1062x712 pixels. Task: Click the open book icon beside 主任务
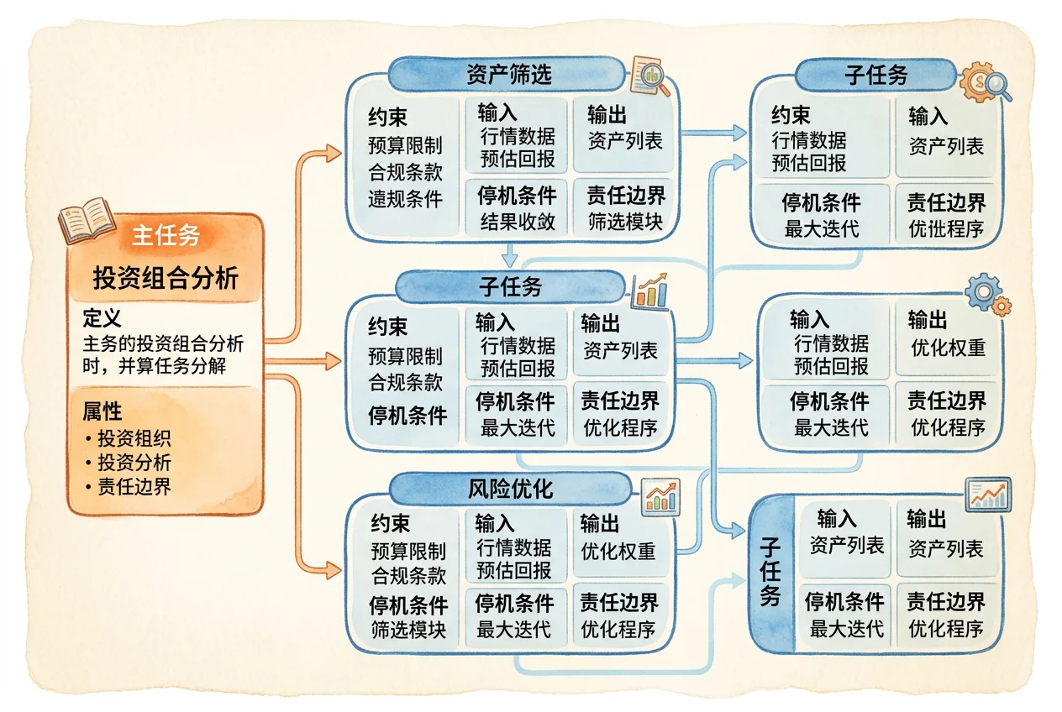click(x=87, y=220)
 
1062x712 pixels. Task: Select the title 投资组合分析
click(x=166, y=277)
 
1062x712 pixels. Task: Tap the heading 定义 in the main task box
click(x=102, y=318)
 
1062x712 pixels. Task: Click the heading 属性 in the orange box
click(x=102, y=411)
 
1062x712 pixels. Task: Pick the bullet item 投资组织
click(x=134, y=438)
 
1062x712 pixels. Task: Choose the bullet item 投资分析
click(x=134, y=463)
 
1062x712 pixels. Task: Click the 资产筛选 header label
click(x=509, y=75)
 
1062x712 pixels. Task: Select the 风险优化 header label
click(x=510, y=489)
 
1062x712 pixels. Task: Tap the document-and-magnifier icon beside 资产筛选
click(x=650, y=76)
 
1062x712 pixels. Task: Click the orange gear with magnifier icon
click(x=985, y=82)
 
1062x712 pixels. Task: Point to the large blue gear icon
click(x=983, y=291)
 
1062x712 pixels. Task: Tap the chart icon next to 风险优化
click(x=660, y=497)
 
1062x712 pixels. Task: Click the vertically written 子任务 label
click(x=770, y=572)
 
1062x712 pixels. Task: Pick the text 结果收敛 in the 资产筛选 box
click(x=518, y=222)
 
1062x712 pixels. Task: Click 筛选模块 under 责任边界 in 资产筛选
click(x=625, y=222)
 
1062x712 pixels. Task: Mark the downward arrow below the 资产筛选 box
click(x=510, y=255)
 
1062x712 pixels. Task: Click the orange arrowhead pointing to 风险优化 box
click(x=333, y=570)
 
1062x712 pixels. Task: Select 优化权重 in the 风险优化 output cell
click(x=618, y=551)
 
